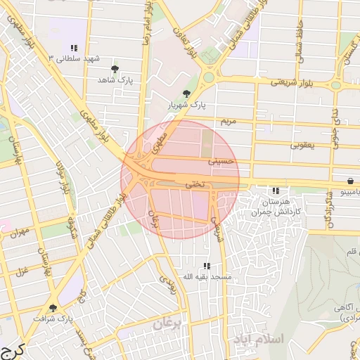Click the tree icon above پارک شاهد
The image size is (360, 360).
pos(115,69)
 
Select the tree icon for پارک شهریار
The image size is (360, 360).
pos(186,94)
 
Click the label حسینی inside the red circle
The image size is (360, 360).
pos(220,161)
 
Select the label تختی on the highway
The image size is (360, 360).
pos(193,184)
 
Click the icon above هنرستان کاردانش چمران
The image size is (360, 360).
pos(276,191)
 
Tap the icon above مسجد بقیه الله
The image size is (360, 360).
pos(207,266)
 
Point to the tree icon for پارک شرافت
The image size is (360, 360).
pos(53,308)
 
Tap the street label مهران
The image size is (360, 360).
pos(20,232)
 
